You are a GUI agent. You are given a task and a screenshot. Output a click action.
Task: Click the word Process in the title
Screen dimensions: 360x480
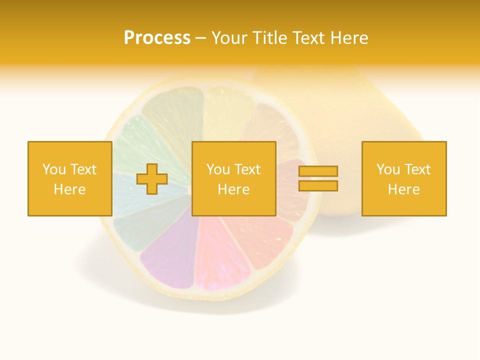point(157,38)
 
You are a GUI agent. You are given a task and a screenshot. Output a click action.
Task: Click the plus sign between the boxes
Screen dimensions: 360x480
point(152,179)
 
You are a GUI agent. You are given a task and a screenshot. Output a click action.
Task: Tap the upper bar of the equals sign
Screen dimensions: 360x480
point(318,171)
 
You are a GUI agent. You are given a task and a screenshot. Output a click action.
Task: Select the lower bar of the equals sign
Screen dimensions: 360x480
point(318,186)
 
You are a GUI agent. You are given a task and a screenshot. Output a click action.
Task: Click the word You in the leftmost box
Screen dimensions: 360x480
point(53,169)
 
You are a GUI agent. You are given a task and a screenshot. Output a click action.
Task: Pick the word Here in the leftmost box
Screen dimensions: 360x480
point(69,189)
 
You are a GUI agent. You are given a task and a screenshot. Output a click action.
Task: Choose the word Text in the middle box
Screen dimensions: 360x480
point(247,169)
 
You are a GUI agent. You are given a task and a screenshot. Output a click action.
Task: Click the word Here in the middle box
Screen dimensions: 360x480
point(233,189)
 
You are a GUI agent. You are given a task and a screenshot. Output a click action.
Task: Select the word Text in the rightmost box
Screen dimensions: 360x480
point(417,169)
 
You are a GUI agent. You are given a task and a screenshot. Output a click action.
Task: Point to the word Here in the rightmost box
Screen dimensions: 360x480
point(403,189)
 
